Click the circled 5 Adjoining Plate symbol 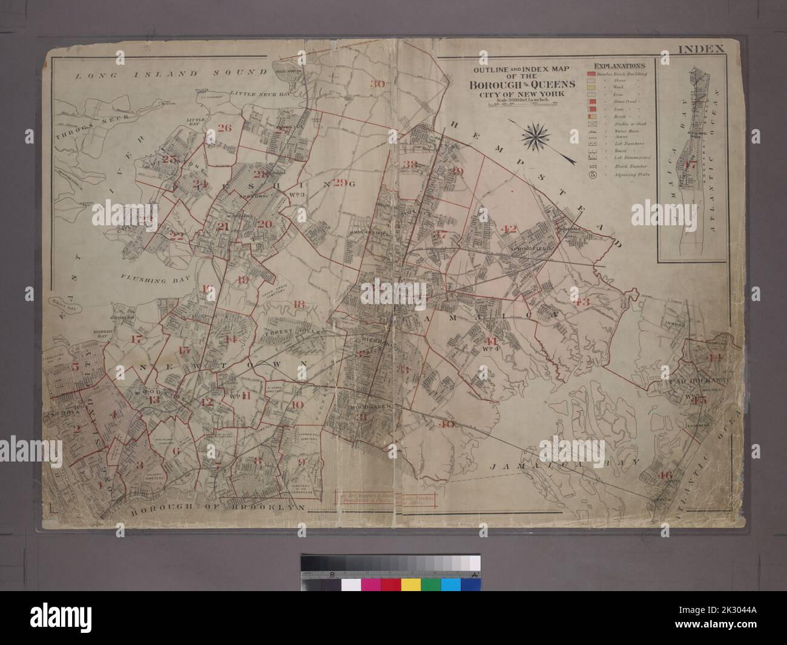click(593, 177)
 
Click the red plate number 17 click(137, 339)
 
